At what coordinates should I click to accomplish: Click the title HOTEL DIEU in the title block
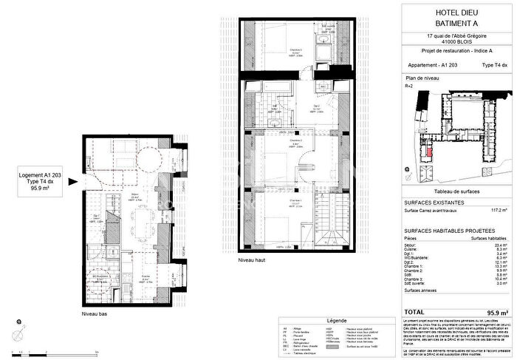459,11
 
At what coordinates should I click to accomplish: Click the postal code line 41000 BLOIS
459,43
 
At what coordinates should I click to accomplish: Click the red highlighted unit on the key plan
428,152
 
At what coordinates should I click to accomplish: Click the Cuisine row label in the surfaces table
412,248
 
